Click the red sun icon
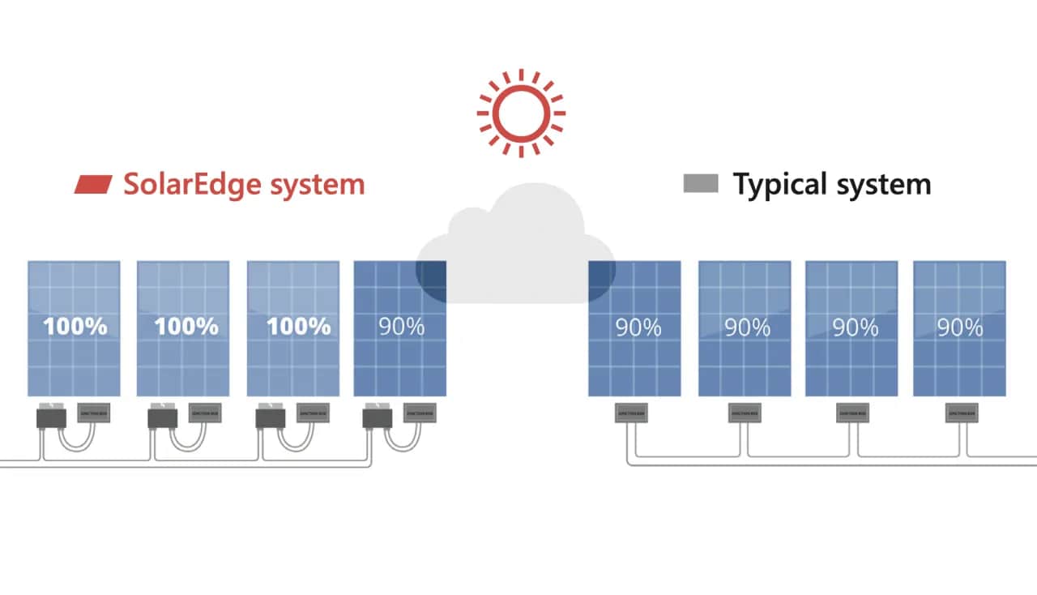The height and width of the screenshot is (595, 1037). [521, 113]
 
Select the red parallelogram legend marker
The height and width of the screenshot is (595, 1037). [93, 184]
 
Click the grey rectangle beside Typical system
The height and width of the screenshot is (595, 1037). [701, 184]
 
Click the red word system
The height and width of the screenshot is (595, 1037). [317, 185]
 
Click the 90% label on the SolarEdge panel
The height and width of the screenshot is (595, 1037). [401, 327]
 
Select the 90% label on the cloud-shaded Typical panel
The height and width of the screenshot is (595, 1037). [638, 327]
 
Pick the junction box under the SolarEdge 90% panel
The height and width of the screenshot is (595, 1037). [419, 413]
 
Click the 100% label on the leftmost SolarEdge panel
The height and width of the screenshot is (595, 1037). [75, 327]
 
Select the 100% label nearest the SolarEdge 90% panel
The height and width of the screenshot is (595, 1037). [299, 327]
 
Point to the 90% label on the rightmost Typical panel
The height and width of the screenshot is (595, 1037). [960, 327]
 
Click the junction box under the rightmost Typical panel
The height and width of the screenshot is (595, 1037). [961, 413]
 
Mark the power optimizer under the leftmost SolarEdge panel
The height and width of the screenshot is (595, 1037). [51, 418]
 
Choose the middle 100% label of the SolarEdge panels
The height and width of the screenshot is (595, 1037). [186, 327]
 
